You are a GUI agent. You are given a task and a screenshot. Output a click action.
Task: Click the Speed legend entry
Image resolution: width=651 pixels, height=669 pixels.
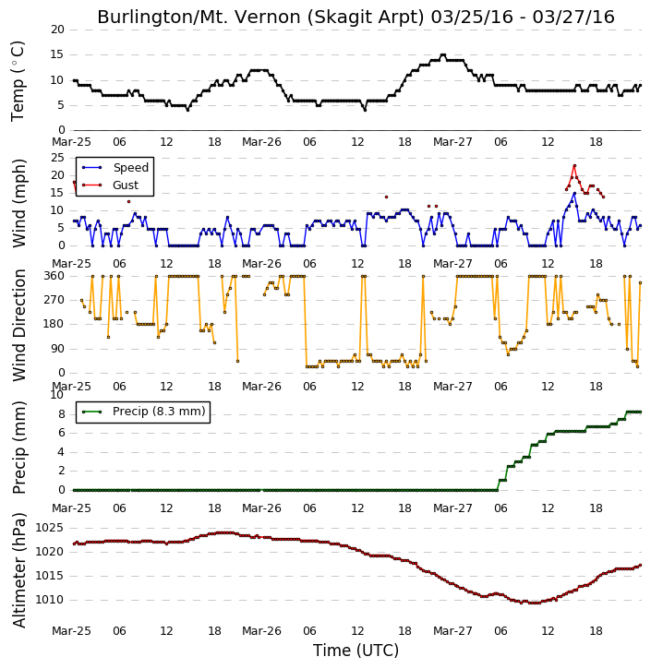point(115,168)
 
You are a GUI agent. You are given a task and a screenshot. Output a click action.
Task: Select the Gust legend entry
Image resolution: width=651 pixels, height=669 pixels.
point(110,185)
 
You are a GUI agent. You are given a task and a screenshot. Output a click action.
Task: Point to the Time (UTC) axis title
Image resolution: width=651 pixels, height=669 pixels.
point(356,651)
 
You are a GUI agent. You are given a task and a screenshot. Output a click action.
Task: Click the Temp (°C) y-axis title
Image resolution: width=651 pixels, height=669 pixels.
point(18,81)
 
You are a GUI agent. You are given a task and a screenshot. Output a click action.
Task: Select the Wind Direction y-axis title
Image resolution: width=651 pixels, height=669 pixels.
point(19,325)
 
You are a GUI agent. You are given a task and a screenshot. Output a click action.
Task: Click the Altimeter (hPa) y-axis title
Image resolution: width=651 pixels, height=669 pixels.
point(19,570)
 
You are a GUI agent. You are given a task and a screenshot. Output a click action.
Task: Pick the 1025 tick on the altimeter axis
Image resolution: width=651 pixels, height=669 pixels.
point(50,528)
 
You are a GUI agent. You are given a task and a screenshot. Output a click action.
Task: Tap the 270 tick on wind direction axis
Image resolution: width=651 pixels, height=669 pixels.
point(54,300)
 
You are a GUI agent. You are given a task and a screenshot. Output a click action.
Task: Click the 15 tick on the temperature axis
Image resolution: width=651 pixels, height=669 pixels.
point(57,54)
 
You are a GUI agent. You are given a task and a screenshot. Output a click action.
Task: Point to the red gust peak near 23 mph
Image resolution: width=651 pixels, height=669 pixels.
point(574,165)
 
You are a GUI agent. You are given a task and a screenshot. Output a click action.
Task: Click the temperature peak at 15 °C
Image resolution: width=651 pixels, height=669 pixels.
point(443,55)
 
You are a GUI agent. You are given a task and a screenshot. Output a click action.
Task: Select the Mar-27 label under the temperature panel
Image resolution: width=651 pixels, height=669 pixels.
point(452,142)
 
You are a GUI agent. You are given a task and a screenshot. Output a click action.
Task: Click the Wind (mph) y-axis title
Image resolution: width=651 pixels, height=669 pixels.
point(19,203)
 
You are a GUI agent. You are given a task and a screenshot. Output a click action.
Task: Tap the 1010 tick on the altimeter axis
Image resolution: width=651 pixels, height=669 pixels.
point(50,600)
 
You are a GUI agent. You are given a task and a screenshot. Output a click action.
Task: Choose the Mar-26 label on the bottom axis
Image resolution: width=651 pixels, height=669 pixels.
point(261,630)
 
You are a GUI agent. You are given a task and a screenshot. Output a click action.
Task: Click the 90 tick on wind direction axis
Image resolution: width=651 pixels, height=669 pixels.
point(57,349)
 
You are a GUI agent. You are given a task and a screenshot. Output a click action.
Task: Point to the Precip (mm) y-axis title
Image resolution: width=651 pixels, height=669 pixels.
point(19,448)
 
